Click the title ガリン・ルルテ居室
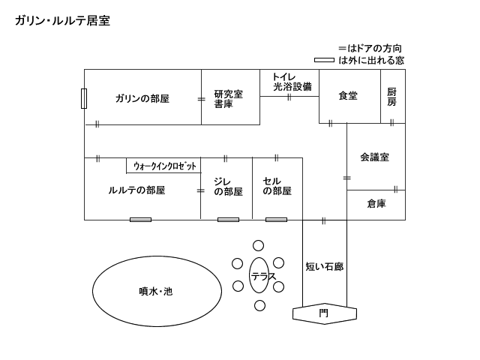(x=62, y=21)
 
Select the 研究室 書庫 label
(x=228, y=99)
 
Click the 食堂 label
(x=348, y=96)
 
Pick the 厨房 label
(x=391, y=97)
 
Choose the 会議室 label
(x=373, y=157)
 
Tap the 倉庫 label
(x=376, y=203)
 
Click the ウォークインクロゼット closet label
(x=164, y=166)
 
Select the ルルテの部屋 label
(x=136, y=190)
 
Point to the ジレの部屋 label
(x=228, y=186)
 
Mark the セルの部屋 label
(x=277, y=186)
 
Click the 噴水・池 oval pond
(x=157, y=291)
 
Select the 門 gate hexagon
(x=323, y=313)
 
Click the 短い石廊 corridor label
(x=324, y=266)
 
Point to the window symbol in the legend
(x=324, y=60)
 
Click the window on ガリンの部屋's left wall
(x=84, y=98)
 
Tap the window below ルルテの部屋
(x=140, y=220)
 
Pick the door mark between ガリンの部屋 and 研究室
(x=201, y=99)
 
